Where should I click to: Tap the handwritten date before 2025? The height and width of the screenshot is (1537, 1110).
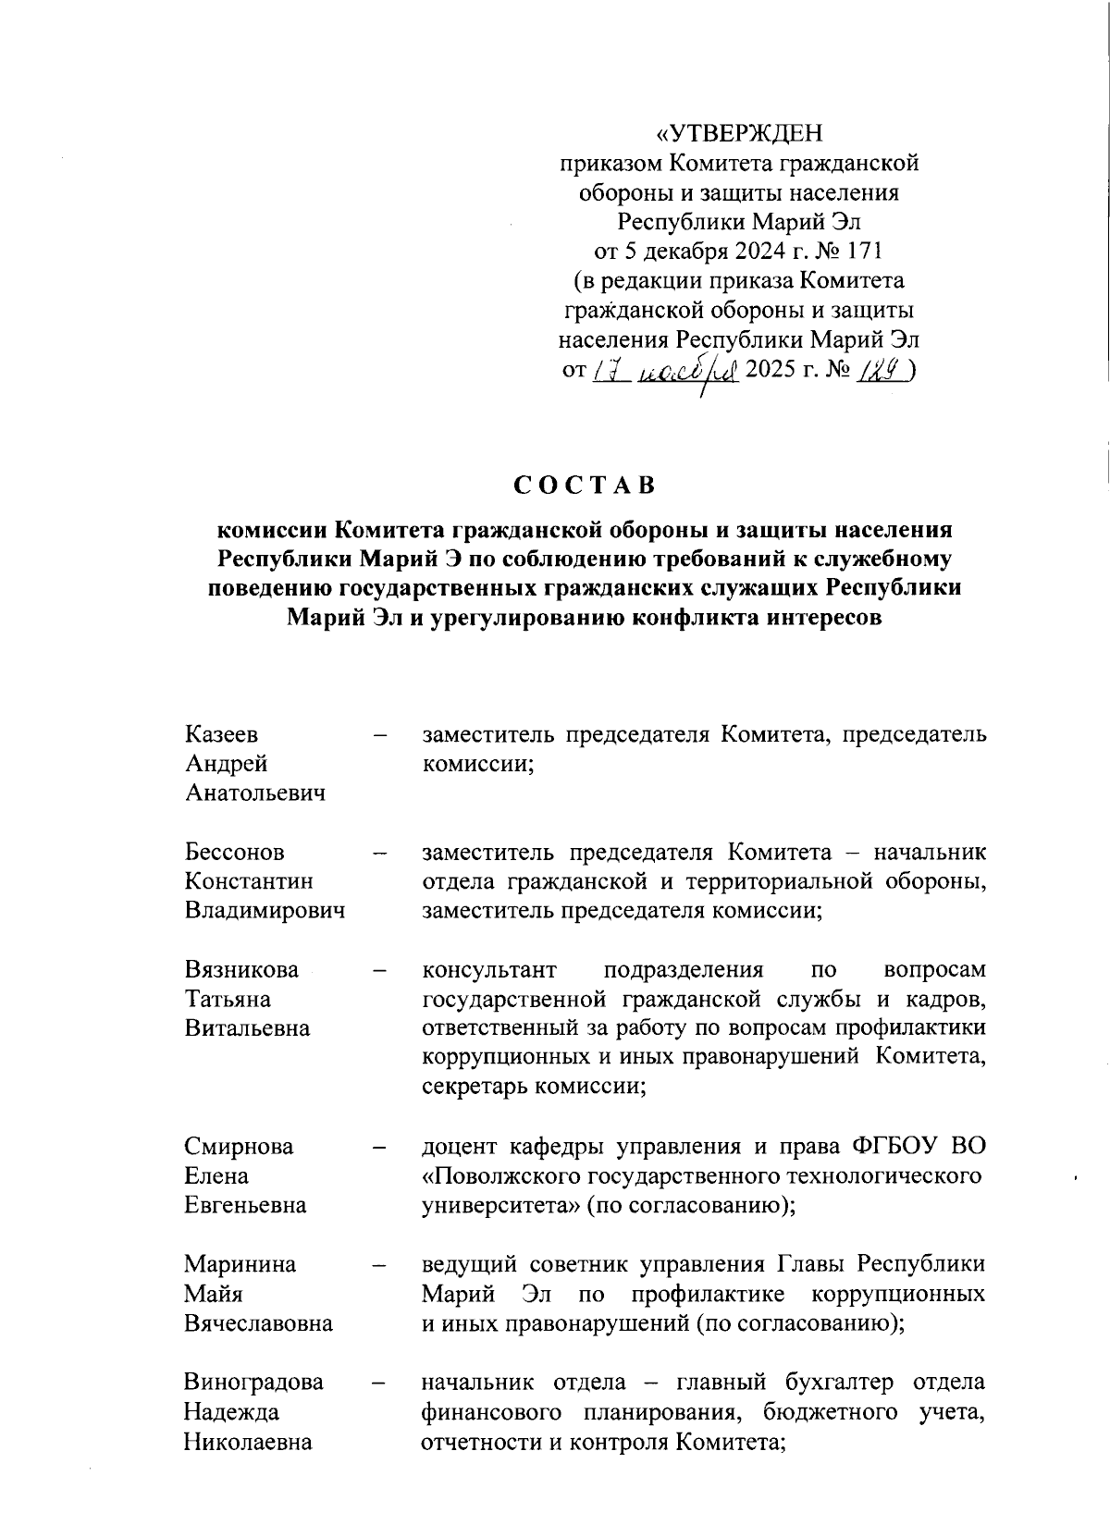(x=664, y=370)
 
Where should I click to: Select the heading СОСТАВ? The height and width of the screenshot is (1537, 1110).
(x=584, y=486)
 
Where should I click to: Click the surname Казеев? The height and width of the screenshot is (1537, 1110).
(x=221, y=734)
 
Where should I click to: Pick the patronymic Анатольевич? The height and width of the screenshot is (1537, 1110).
(x=255, y=793)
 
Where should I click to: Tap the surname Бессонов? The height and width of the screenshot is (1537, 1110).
(x=234, y=852)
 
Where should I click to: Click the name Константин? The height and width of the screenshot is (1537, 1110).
(x=249, y=881)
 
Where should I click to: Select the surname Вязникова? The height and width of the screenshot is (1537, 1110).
(x=242, y=969)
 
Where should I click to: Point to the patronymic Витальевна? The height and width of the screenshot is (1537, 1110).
(x=247, y=1028)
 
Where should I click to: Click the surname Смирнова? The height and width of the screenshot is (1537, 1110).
(x=239, y=1147)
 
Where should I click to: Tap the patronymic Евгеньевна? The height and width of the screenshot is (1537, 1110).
(x=245, y=1206)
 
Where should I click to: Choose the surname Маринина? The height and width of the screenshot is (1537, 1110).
(x=240, y=1264)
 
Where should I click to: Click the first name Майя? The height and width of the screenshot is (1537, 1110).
(x=214, y=1294)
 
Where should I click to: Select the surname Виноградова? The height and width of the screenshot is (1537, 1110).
(x=253, y=1383)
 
